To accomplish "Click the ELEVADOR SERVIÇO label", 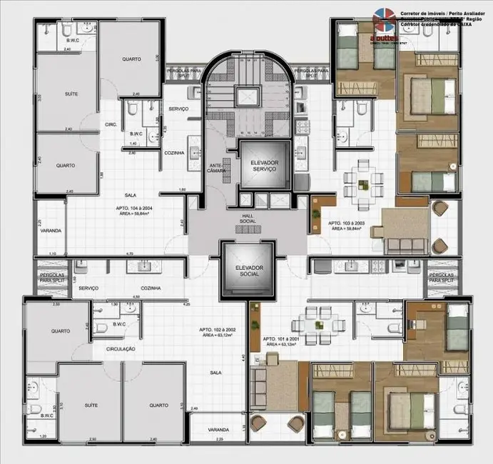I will [264, 166].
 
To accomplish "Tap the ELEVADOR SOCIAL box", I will [247, 271].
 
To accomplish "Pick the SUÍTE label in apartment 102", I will [91, 404].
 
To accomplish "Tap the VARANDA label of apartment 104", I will [51, 231].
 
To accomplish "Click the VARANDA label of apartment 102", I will [218, 430].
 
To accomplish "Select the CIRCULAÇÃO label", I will [120, 350].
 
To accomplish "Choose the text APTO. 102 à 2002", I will [219, 329].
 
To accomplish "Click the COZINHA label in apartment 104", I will [174, 153].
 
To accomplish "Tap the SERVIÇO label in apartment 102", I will [88, 288].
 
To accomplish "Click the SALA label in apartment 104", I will [131, 194].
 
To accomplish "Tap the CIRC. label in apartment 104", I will [111, 124].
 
